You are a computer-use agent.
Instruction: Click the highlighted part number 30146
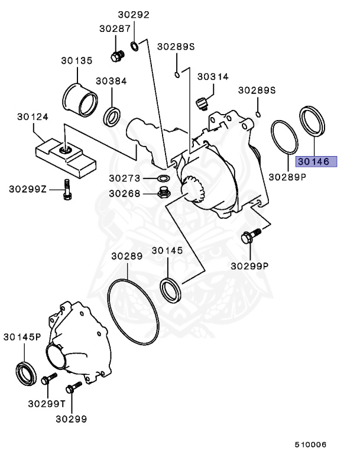pyautogui.click(x=316, y=161)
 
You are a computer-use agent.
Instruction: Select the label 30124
pyautogui.click(x=32, y=117)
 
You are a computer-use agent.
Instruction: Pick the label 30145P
pyautogui.click(x=22, y=337)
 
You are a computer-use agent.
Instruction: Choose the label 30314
pyautogui.click(x=213, y=77)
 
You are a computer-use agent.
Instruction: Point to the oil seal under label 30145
pyautogui.click(x=172, y=290)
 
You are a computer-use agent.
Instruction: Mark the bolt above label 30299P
pyautogui.click(x=249, y=237)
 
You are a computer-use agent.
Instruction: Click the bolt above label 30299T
pyautogui.click(x=47, y=380)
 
